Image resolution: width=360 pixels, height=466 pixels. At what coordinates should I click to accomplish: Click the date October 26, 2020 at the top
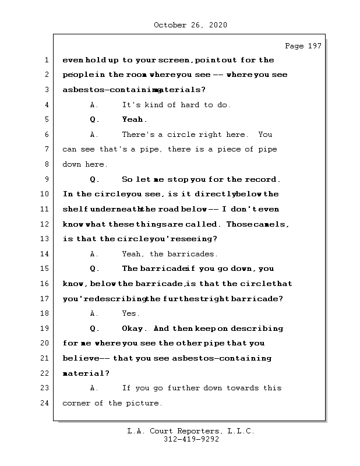(190, 25)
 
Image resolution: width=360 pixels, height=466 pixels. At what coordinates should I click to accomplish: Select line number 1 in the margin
(45, 60)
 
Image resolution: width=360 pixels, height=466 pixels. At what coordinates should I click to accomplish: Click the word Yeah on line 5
(134, 119)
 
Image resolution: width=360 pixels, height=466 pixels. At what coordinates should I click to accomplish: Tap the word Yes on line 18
(130, 313)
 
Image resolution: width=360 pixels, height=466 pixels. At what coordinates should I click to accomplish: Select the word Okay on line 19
(135, 329)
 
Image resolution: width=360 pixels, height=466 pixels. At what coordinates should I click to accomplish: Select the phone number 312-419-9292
(190, 440)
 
